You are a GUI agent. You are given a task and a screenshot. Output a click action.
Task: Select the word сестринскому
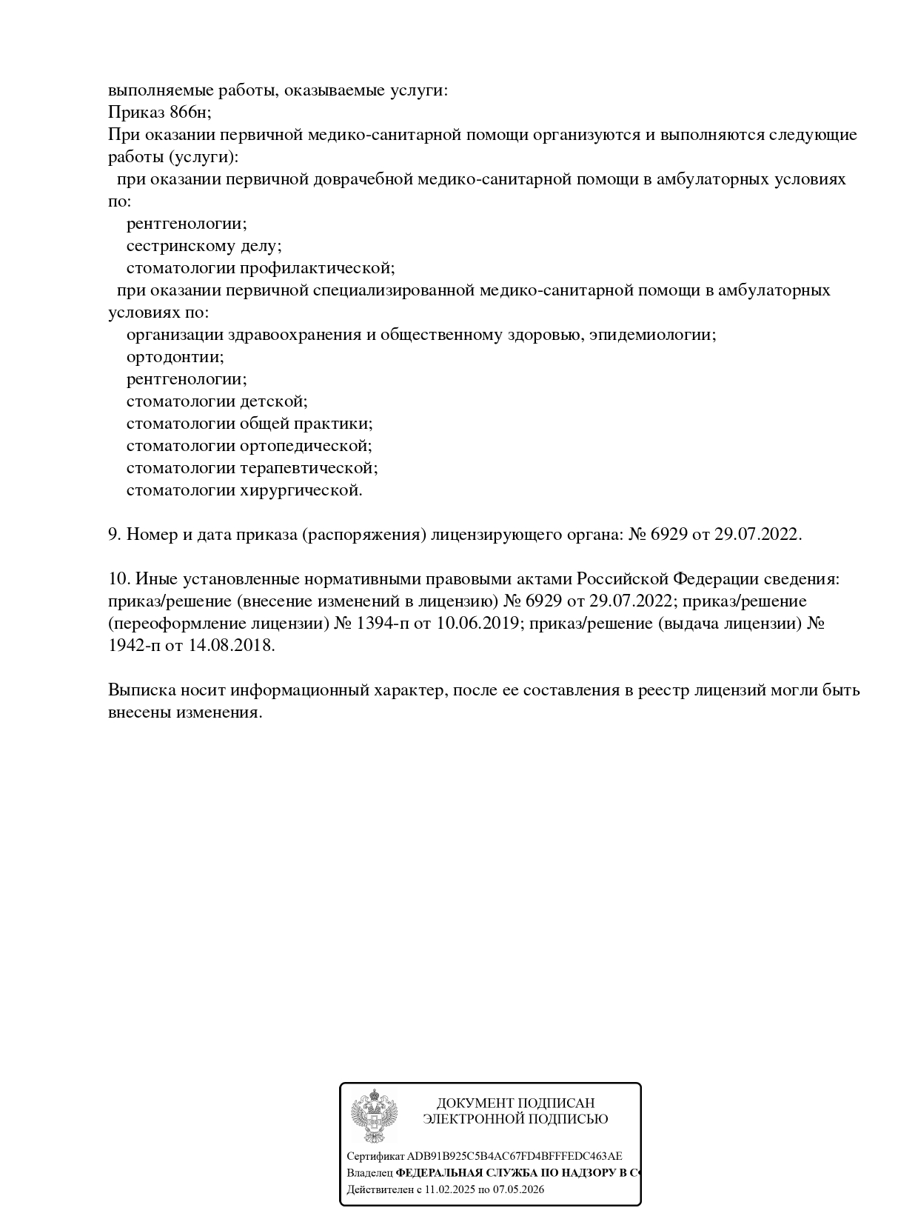point(177,246)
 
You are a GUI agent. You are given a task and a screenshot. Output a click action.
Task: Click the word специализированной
point(392,290)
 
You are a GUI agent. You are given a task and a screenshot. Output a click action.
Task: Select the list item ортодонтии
point(175,357)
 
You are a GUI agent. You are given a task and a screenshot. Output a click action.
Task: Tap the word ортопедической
point(305,446)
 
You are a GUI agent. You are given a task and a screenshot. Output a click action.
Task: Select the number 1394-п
point(382,623)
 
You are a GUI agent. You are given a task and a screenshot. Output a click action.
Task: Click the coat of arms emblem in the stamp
point(374,1116)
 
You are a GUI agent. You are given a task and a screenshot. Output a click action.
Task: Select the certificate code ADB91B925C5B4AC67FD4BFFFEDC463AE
point(515,1156)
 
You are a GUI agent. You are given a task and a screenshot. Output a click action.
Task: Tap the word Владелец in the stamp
point(369,1173)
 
